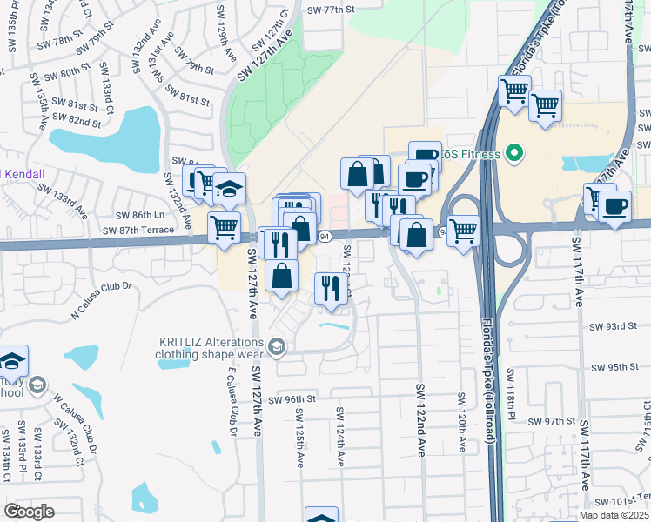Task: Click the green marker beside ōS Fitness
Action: coord(513,155)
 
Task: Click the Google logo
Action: coord(30,512)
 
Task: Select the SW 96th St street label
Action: coord(292,399)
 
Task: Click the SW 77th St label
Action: coord(331,10)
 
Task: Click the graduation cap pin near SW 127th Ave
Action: coord(229,189)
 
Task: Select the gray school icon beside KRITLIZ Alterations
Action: coord(277,348)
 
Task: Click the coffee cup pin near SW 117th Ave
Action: coord(615,207)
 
